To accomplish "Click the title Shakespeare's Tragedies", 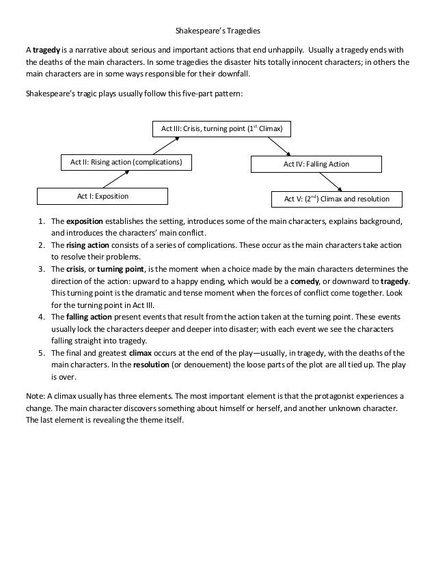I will (218, 31).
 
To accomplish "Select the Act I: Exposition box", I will (103, 197).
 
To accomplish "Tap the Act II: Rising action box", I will (126, 163).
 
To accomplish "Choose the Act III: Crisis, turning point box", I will (221, 128).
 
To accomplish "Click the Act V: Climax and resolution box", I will (337, 199).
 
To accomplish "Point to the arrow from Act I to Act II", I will (116, 179).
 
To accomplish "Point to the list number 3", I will (42, 269).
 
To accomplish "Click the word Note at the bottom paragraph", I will (33, 396).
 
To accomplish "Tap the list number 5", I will (42, 353).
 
